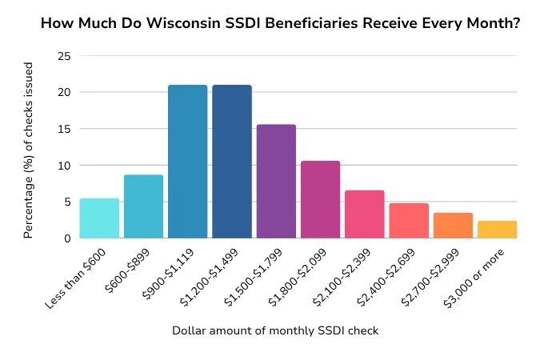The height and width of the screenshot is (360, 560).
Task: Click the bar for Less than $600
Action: point(99,218)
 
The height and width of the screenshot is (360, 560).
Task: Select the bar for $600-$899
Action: point(143,206)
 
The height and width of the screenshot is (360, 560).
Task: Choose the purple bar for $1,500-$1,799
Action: point(276,182)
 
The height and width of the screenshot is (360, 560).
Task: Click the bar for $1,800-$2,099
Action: point(320,200)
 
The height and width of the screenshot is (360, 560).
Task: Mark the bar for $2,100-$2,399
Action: point(365,214)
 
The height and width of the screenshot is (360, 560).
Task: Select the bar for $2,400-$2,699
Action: point(409,221)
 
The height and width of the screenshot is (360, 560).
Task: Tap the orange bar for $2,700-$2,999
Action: point(453,226)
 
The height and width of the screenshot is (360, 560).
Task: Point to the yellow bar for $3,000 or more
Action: point(497,230)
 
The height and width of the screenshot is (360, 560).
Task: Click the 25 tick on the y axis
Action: point(63,56)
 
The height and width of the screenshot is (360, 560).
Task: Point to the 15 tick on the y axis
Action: point(63,129)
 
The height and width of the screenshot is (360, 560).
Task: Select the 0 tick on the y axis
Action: point(66,238)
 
